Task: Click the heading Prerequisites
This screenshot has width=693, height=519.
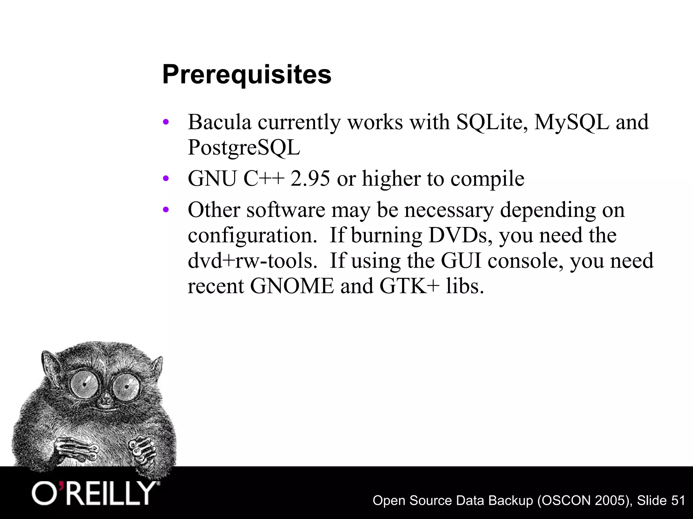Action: (247, 75)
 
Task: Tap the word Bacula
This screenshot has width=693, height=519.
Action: (220, 122)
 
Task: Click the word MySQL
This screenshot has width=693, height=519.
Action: (572, 122)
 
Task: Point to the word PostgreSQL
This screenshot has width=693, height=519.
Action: (244, 148)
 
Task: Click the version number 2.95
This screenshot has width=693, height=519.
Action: (310, 178)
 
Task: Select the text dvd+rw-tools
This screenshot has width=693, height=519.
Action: (252, 261)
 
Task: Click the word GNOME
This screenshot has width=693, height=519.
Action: (292, 286)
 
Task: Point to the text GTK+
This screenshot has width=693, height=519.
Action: (409, 286)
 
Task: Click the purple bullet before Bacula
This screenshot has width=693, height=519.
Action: (165, 122)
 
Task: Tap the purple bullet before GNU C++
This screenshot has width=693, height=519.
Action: (165, 178)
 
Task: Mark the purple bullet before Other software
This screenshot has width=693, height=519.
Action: (165, 210)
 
